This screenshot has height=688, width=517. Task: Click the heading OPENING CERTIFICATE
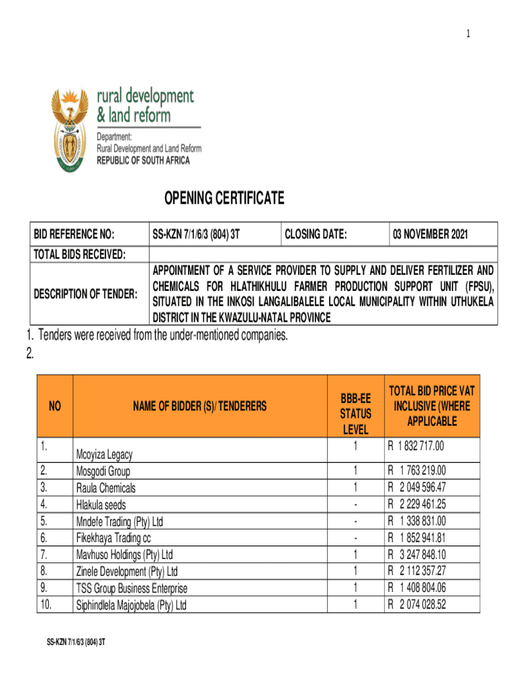[x=224, y=198]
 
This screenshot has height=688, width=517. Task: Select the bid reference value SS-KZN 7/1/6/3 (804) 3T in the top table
[x=196, y=234]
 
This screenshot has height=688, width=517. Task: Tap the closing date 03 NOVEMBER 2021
[x=430, y=234]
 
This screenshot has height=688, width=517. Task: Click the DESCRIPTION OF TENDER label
[x=86, y=294]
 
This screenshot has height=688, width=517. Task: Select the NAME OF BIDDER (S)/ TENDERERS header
[x=199, y=406]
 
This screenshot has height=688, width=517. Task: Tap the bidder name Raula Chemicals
[x=106, y=488]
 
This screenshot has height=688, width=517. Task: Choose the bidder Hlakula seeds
[x=101, y=505]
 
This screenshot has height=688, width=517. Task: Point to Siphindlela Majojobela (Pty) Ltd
[x=132, y=605]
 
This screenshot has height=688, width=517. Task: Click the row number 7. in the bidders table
[x=44, y=554]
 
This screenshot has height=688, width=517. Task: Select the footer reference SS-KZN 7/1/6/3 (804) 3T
[x=75, y=642]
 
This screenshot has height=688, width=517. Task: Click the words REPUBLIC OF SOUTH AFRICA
[x=143, y=161]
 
